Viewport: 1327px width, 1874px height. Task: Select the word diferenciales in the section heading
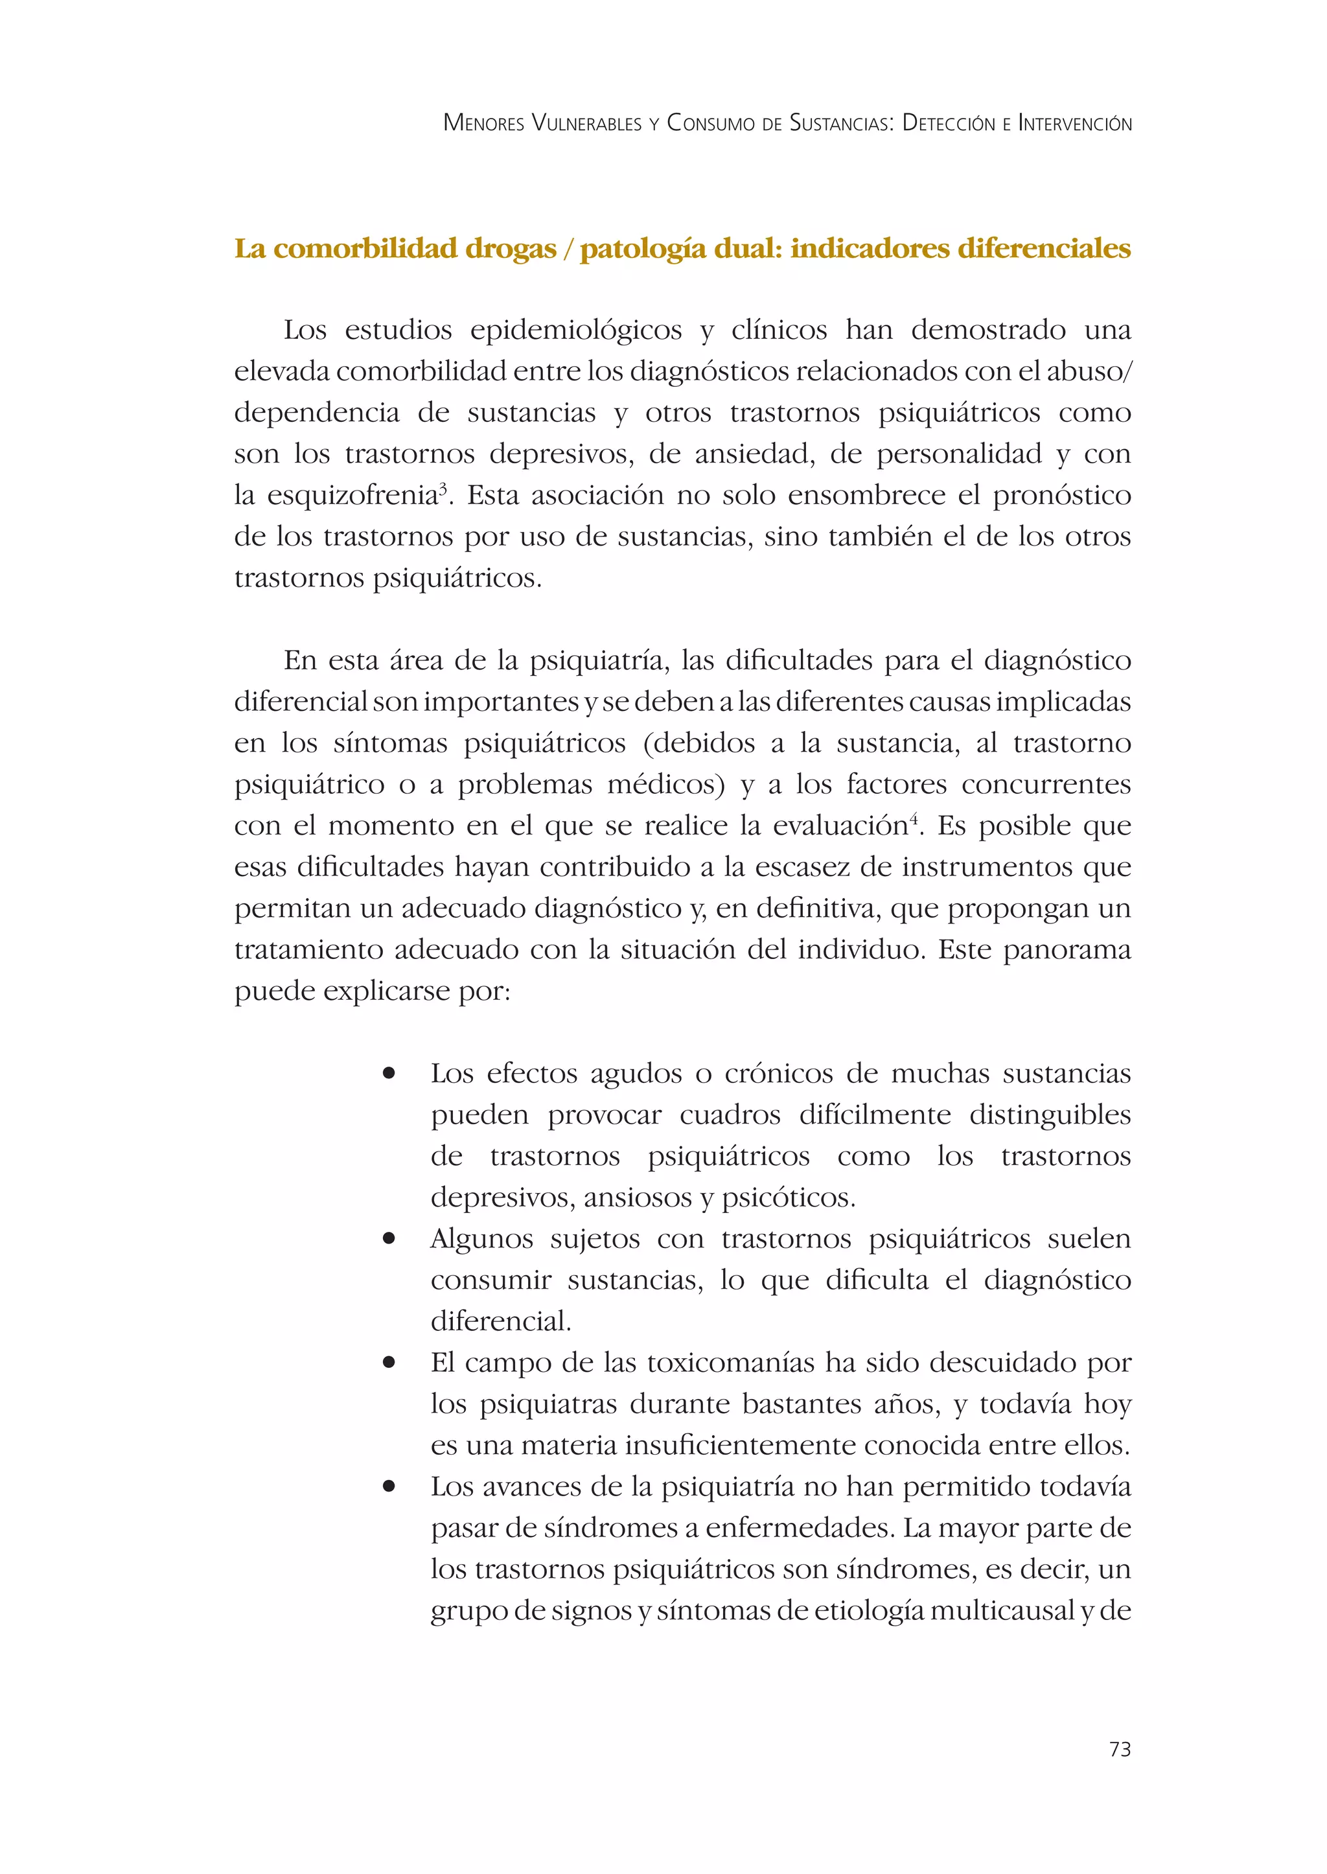point(1043,248)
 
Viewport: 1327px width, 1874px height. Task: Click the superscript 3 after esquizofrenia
point(443,488)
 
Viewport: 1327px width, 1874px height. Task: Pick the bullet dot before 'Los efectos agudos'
point(389,1073)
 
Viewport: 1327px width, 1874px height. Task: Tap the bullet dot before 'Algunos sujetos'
point(389,1239)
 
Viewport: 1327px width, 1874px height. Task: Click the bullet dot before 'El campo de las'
point(389,1362)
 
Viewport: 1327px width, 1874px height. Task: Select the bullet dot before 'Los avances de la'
point(389,1486)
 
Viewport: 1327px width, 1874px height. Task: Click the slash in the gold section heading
point(568,248)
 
